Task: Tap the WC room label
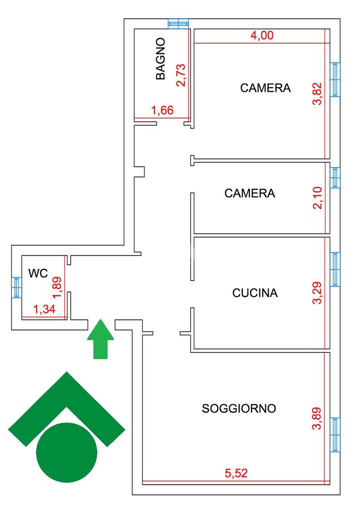(x=38, y=273)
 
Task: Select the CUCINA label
(x=255, y=293)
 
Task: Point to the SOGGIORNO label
(x=239, y=409)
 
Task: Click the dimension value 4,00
(x=262, y=36)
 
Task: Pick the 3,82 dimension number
(x=318, y=94)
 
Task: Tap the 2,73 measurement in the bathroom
(x=181, y=75)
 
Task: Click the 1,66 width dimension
(x=162, y=111)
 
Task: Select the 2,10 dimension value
(x=318, y=198)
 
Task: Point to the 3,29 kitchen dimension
(x=318, y=293)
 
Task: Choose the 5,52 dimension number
(x=236, y=473)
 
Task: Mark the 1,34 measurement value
(x=44, y=310)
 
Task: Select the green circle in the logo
(x=67, y=452)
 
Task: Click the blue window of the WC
(x=16, y=287)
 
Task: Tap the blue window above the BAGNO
(x=178, y=23)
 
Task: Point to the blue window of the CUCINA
(x=335, y=269)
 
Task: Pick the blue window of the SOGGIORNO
(x=335, y=434)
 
